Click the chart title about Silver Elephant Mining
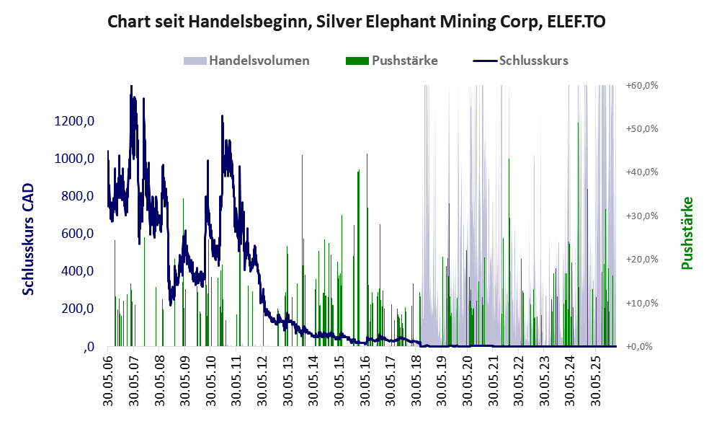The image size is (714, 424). tap(357, 22)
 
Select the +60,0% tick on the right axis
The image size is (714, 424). tap(643, 86)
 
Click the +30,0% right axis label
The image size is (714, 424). tap(643, 216)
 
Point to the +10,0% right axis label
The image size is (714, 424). tap(643, 303)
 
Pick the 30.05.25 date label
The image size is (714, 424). tap(596, 378)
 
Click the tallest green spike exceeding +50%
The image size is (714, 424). tap(579, 124)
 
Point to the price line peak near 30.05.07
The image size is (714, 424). tap(131, 87)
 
